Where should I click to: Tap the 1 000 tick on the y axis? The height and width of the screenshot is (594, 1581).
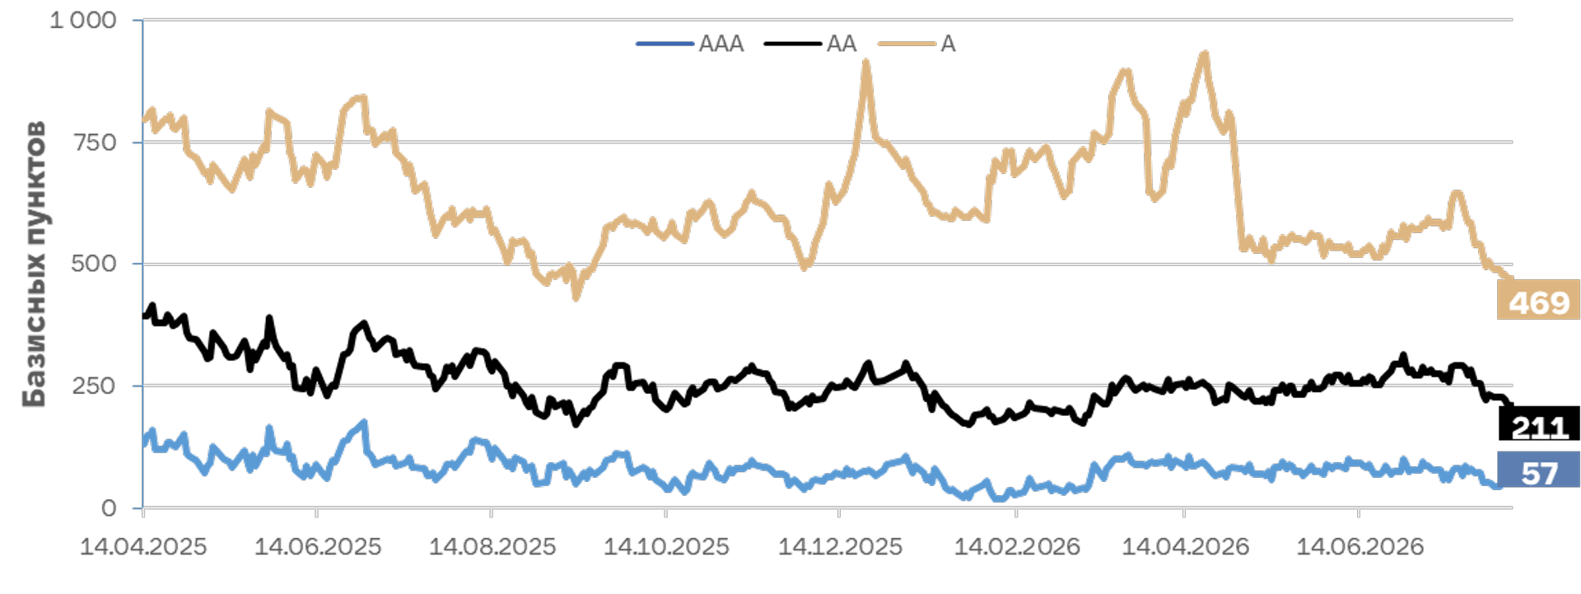(x=83, y=21)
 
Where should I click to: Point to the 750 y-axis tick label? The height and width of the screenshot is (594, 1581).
(x=95, y=143)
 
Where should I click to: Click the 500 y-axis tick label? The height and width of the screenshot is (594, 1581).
(x=95, y=264)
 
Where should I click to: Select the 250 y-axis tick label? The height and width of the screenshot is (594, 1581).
(x=95, y=386)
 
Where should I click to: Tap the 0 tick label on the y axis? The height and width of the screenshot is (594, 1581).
(x=109, y=508)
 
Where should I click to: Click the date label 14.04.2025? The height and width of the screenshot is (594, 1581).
(x=143, y=546)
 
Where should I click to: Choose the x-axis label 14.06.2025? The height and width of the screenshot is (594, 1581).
(x=318, y=546)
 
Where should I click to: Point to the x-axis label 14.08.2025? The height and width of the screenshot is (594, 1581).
(x=492, y=546)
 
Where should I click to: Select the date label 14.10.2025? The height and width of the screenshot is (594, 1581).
(x=666, y=546)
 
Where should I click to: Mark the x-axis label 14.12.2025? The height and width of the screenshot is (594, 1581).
(x=840, y=546)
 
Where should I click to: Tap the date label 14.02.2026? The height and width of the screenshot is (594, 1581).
(x=1017, y=546)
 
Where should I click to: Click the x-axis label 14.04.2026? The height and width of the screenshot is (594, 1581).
(x=1186, y=546)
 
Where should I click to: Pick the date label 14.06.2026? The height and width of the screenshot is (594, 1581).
(x=1360, y=546)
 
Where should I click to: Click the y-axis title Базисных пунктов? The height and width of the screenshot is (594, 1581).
(x=35, y=264)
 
